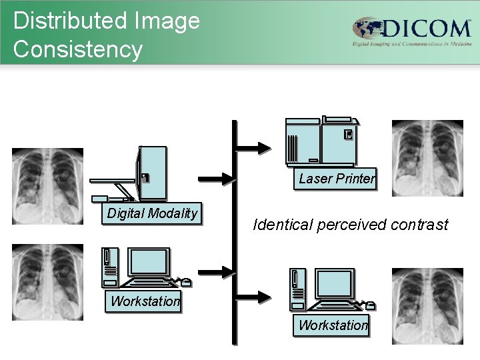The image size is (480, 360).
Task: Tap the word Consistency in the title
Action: [77, 49]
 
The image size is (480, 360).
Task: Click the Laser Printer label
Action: [336, 179]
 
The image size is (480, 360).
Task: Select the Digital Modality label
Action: [153, 213]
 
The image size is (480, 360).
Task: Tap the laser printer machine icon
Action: [322, 142]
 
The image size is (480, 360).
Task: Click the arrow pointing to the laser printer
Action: [254, 147]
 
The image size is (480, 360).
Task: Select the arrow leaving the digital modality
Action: [216, 179]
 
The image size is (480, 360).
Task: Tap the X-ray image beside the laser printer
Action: [427, 157]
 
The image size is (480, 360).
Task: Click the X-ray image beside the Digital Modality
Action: [47, 186]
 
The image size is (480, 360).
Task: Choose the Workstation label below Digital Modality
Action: [145, 301]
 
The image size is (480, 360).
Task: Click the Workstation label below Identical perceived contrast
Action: [333, 325]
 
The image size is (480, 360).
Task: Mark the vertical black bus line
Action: [234, 233]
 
